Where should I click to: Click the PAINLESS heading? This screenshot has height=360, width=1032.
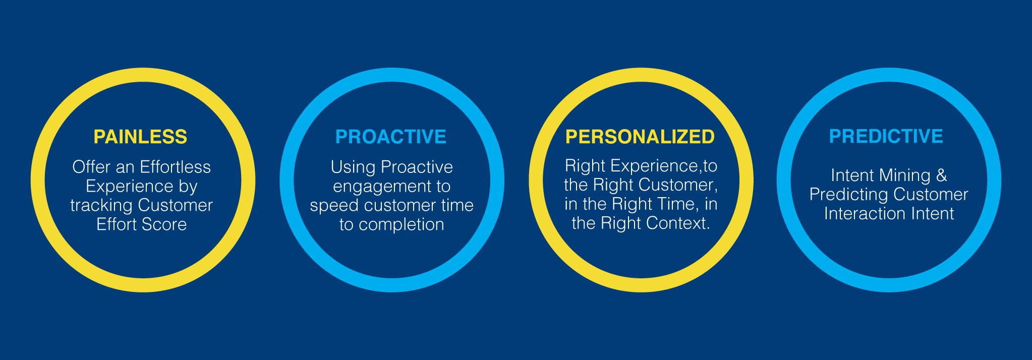pos(140,137)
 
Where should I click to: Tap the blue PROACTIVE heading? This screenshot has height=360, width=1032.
pos(391,137)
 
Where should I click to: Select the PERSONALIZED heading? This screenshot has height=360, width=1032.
pos(640,137)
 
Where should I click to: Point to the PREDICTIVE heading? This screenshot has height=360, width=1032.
pos(886,136)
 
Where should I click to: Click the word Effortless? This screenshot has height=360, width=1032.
pos(176,167)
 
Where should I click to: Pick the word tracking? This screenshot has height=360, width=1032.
pos(101,206)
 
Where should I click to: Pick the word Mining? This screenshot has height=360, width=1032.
pos(905,176)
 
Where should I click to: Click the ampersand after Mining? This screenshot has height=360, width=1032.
pos(942,175)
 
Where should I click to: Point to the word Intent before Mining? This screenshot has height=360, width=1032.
pos(853,175)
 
